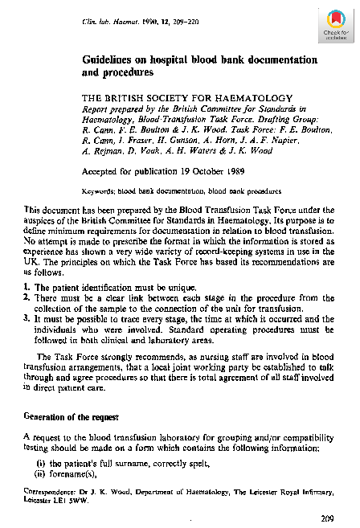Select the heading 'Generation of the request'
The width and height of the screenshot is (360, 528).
[71, 416]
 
